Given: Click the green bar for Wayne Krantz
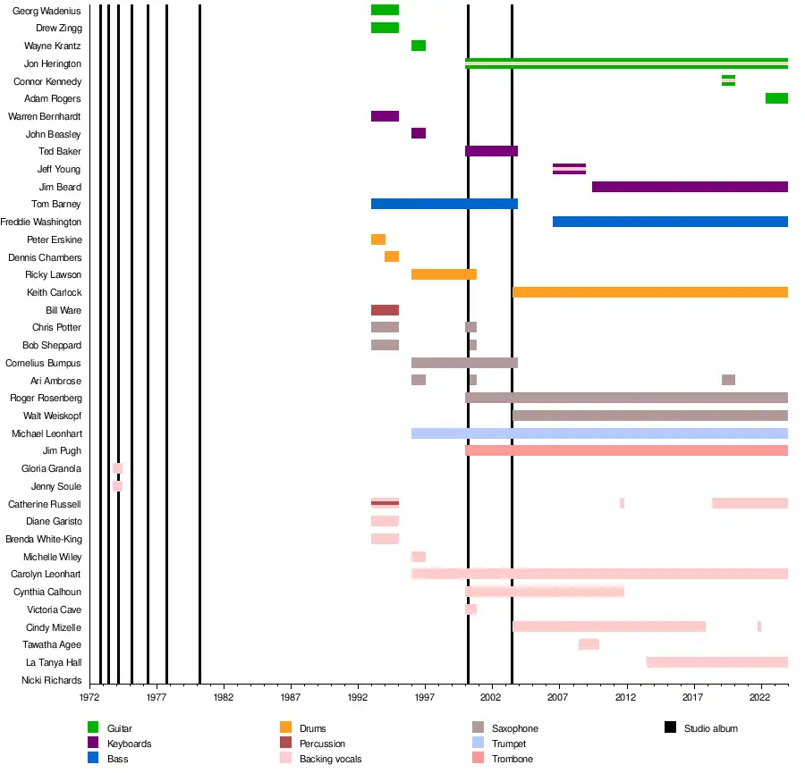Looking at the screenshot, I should coord(419,46).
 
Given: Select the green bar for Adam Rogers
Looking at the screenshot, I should coord(776,98).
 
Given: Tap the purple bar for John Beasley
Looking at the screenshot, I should coord(419,133).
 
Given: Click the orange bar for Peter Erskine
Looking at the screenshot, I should coord(378,239).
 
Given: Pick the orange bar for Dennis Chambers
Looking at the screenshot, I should coord(392,256).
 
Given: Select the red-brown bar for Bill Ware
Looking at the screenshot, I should coord(385,310).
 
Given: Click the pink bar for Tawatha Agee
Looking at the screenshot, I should coord(589,644).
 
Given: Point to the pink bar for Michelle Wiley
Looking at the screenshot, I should coord(419,557).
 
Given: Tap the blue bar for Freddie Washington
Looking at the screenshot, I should coord(670,222).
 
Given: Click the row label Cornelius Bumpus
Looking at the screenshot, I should coord(43,364).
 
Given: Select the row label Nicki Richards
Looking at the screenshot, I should coord(51,680).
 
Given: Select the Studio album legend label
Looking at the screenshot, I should coord(711,729).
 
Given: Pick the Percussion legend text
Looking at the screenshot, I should coord(322,744).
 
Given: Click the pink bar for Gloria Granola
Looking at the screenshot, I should coord(118,468).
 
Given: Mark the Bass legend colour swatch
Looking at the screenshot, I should coord(93,759).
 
